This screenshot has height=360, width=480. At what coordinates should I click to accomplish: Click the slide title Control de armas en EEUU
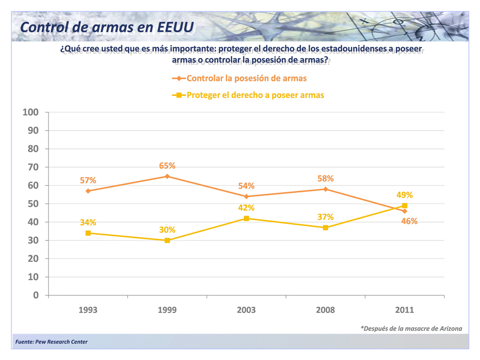107,26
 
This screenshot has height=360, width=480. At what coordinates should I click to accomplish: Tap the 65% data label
167,166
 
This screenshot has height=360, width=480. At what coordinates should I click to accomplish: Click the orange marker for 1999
167,176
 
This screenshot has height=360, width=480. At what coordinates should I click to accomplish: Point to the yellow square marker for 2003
246,218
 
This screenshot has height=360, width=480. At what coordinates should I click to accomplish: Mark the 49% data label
404,195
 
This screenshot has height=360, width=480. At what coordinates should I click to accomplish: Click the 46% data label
409,221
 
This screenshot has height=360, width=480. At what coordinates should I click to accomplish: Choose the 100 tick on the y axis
30,112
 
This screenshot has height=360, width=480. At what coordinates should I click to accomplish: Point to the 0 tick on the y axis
36,295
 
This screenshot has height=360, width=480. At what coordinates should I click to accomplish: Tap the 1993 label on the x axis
88,310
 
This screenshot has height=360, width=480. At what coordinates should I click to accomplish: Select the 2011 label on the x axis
404,310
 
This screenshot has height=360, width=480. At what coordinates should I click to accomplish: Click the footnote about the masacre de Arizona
411,328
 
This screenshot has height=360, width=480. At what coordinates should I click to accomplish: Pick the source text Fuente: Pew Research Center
51,342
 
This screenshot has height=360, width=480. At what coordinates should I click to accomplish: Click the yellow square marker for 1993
88,233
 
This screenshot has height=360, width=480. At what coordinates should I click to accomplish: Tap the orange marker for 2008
325,189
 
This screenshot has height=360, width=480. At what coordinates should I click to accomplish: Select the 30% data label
167,230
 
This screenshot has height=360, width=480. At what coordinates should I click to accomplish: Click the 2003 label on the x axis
246,310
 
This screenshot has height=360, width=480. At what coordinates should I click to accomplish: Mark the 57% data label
88,180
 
